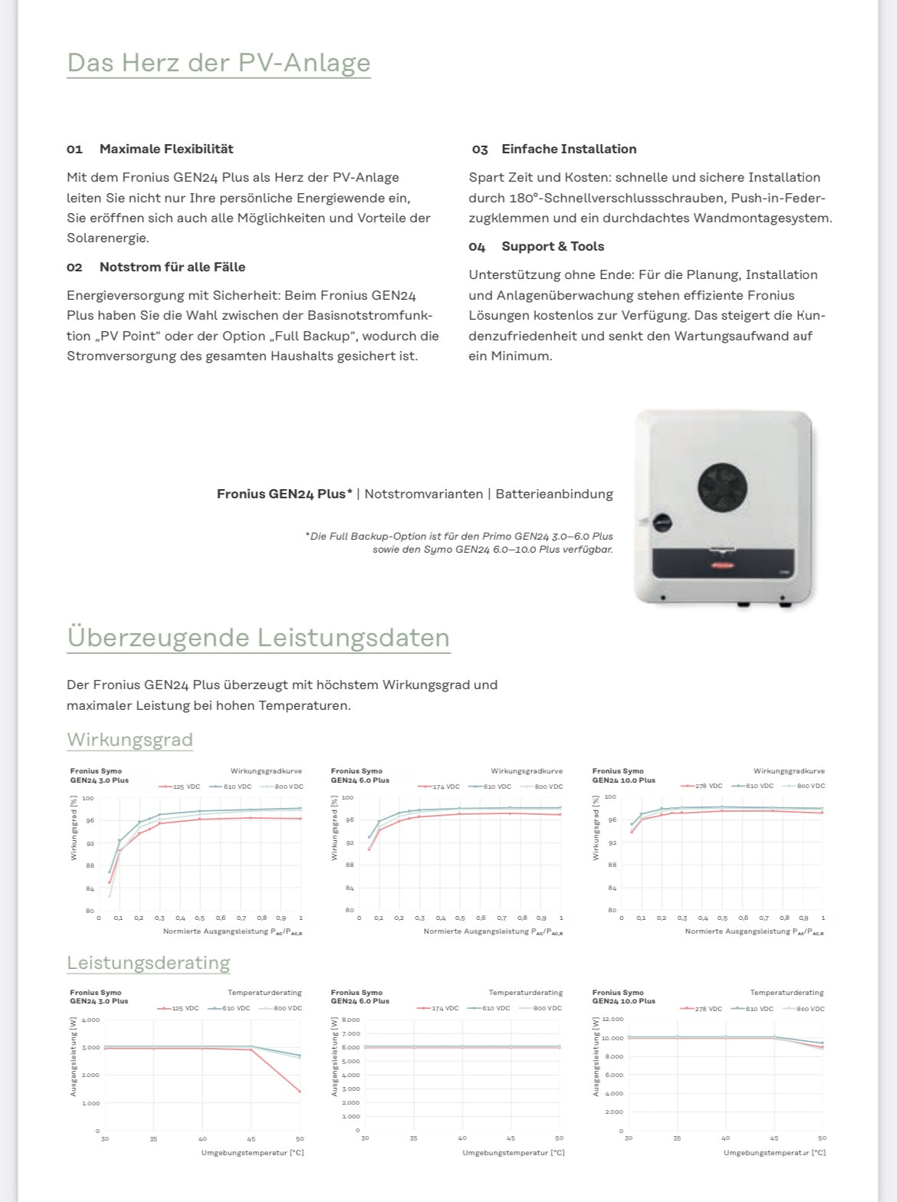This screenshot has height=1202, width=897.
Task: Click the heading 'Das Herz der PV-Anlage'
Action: (x=219, y=63)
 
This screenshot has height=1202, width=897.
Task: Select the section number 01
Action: (x=74, y=149)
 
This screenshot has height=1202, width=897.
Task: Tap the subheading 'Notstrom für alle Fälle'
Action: (x=172, y=267)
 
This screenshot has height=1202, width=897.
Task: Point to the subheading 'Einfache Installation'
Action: (x=569, y=149)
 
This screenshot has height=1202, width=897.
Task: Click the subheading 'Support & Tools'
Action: (x=553, y=246)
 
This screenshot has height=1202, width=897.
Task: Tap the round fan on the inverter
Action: (x=722, y=488)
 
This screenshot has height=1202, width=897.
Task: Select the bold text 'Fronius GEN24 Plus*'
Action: (x=284, y=494)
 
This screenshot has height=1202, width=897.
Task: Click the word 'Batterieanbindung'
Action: (x=554, y=494)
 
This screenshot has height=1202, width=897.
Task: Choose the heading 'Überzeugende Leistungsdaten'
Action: (x=258, y=638)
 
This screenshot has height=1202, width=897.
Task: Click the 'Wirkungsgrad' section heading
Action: (x=130, y=740)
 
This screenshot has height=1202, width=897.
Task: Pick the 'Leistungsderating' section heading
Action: (x=148, y=963)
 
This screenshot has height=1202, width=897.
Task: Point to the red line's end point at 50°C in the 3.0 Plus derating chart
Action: (x=299, y=1092)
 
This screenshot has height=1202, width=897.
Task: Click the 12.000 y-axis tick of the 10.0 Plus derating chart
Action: (x=613, y=1020)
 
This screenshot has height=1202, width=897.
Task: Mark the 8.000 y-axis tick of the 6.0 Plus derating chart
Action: (x=350, y=1020)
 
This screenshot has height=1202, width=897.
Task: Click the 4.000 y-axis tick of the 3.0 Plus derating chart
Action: (x=90, y=1020)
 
